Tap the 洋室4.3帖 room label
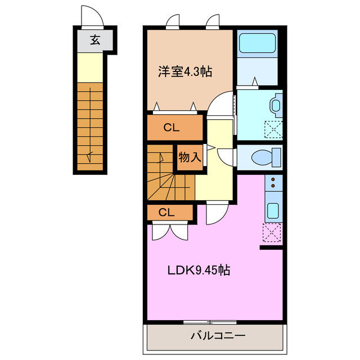(x=184, y=71)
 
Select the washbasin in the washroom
(x=276, y=105)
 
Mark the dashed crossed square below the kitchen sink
(x=272, y=232)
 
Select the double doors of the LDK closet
(x=169, y=230)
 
